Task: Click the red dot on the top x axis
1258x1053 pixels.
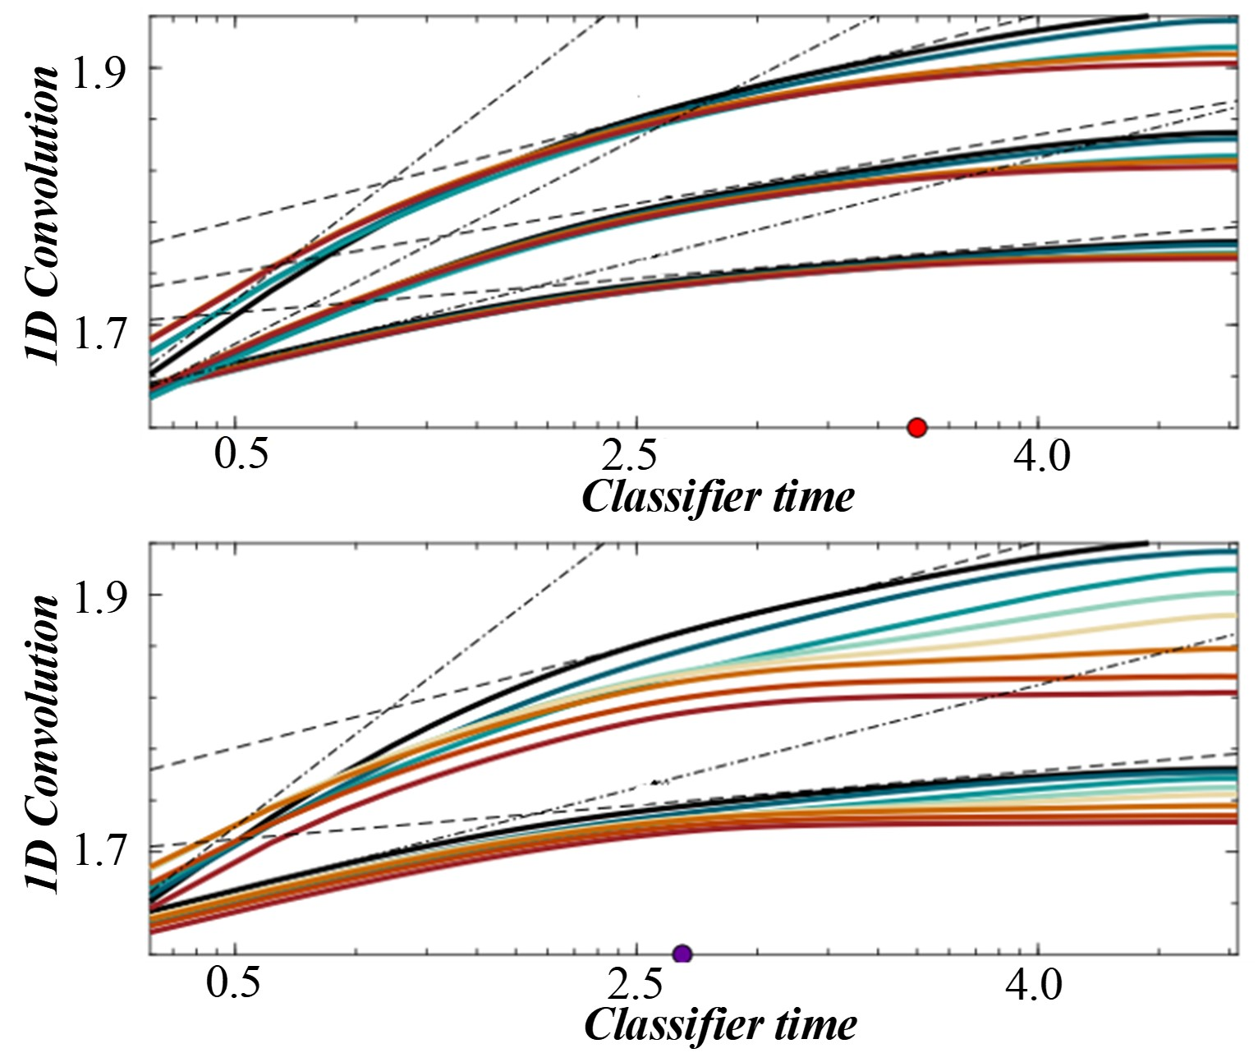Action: (x=917, y=427)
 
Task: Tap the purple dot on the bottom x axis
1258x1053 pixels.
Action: (x=682, y=954)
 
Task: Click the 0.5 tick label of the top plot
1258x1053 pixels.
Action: (x=242, y=455)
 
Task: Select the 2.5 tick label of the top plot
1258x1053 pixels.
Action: (x=638, y=455)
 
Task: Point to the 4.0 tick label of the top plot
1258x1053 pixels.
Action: (x=1041, y=455)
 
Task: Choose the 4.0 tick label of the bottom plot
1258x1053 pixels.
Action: (x=1033, y=982)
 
